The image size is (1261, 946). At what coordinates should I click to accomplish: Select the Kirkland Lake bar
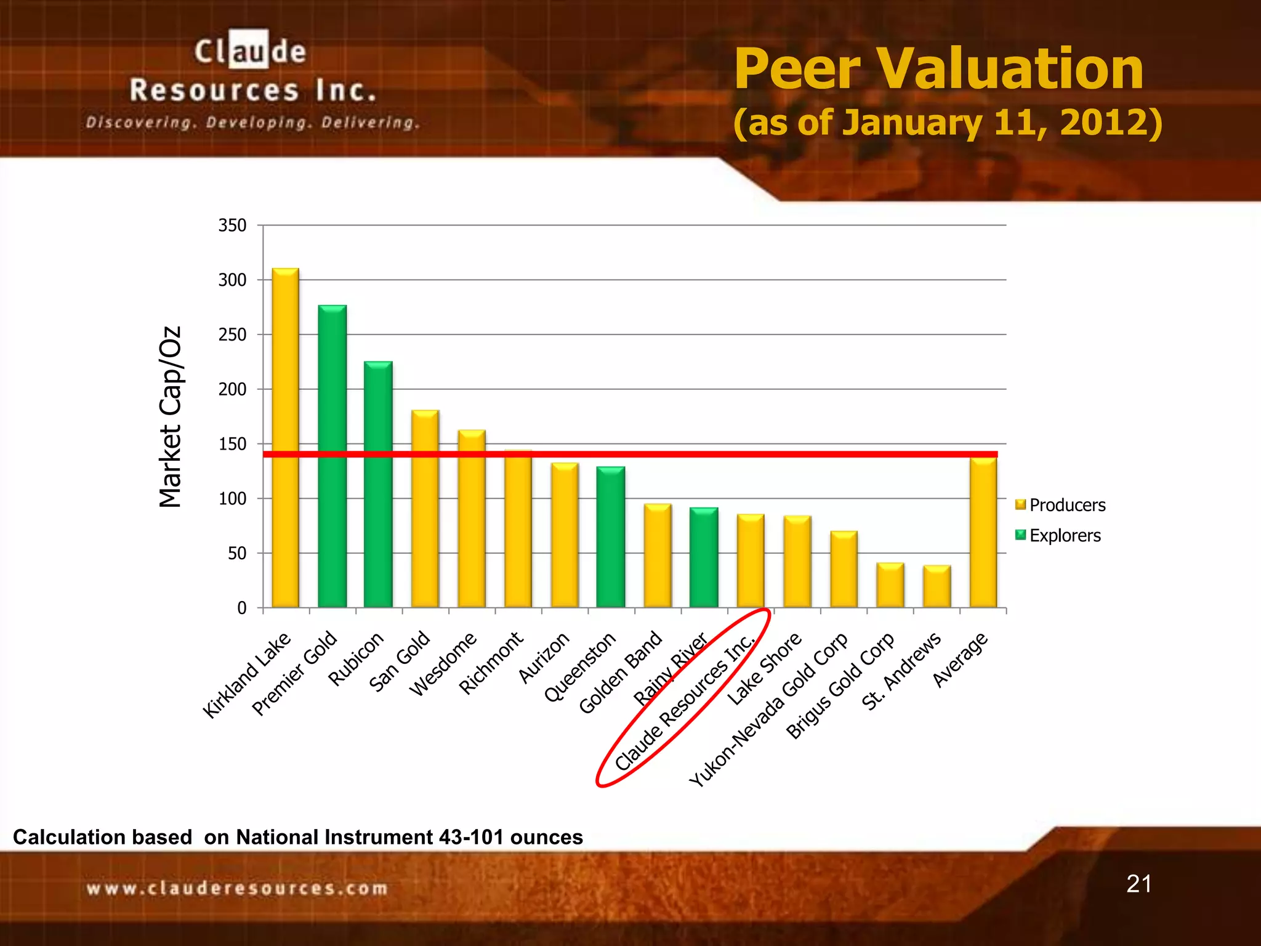[x=285, y=437]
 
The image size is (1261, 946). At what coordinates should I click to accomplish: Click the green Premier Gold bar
[x=332, y=456]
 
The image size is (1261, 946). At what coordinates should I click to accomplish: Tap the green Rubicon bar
[x=378, y=484]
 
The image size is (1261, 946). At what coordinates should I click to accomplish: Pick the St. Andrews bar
[x=937, y=586]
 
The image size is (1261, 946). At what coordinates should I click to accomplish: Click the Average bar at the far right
[x=983, y=532]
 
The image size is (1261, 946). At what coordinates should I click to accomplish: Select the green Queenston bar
[x=611, y=536]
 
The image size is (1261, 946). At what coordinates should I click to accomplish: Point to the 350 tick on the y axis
[x=233, y=225]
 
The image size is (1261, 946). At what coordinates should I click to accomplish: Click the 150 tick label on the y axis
[x=233, y=444]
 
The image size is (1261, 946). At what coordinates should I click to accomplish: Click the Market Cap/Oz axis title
[x=170, y=417]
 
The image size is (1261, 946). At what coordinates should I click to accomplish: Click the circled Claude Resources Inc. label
[x=683, y=702]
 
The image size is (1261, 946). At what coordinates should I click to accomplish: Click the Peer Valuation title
[x=938, y=69]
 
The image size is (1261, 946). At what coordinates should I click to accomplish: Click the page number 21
[x=1138, y=884]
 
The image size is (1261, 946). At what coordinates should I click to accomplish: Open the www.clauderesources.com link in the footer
[x=237, y=888]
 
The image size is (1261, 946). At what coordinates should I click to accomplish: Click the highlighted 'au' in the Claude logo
[x=249, y=51]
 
